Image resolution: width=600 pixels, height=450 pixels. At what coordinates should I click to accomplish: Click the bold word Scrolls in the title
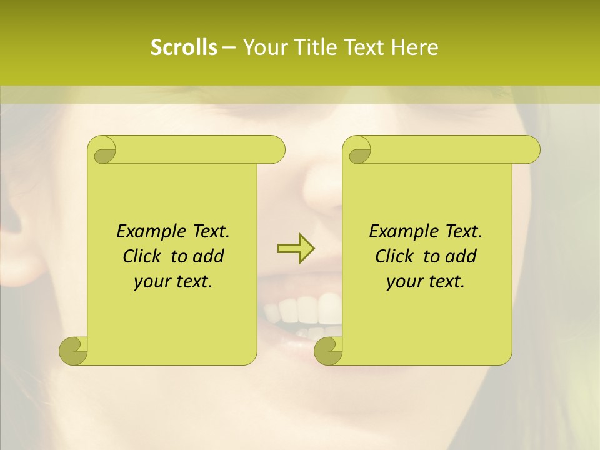pyautogui.click(x=184, y=47)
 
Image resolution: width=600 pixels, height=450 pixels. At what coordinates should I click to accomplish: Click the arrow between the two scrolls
pyautogui.click(x=296, y=249)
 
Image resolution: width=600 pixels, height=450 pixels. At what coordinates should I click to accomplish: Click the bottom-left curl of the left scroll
pyautogui.click(x=74, y=351)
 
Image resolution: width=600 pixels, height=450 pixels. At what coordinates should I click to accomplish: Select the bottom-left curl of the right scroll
pyautogui.click(x=328, y=351)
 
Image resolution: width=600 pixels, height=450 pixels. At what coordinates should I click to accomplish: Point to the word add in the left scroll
pyautogui.click(x=207, y=256)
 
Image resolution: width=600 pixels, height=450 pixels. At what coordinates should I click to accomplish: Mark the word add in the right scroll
pyautogui.click(x=459, y=256)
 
